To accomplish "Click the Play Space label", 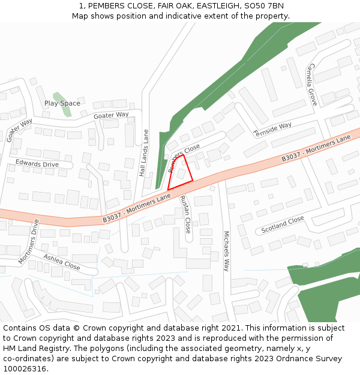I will [x=62, y=103].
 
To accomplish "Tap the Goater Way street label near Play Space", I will [x=111, y=115].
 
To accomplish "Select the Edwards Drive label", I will [x=37, y=164].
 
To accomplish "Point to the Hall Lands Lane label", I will [x=143, y=152].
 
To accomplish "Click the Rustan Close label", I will [x=186, y=214].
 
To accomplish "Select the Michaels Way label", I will [x=226, y=251].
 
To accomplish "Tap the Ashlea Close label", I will [x=61, y=261].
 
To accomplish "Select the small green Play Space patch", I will [x=58, y=96].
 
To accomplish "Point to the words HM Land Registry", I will [x=30, y=349].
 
